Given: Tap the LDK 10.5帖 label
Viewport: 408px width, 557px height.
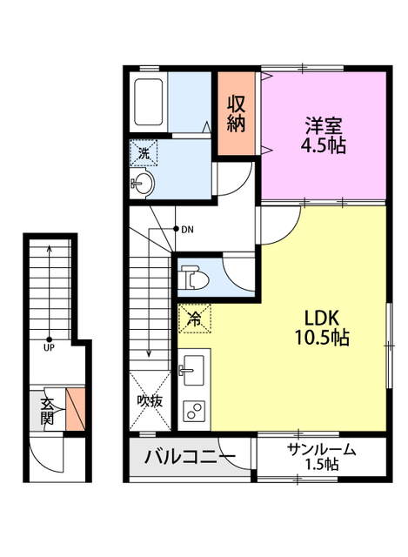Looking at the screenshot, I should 321,328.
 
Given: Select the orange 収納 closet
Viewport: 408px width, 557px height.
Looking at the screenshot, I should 237,113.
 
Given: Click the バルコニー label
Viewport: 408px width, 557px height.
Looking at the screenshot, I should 189,456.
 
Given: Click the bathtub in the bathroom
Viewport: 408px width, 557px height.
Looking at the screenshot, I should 149,103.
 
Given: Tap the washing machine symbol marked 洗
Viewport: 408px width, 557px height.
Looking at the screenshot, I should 144,153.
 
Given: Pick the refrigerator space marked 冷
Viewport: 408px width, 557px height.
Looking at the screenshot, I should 194,319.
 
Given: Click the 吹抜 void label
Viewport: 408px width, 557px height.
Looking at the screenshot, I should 149,401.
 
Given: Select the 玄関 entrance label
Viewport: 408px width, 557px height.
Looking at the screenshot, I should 47,411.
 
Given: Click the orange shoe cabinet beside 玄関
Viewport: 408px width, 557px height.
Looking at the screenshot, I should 75,411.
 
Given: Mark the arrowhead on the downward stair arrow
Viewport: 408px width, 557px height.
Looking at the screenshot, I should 149,354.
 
